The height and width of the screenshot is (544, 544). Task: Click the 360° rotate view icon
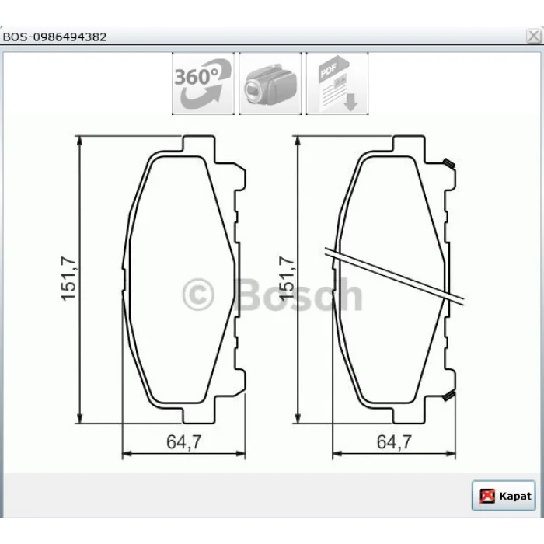[203, 84]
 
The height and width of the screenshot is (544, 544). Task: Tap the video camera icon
[270, 84]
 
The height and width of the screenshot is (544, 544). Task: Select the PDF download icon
[337, 84]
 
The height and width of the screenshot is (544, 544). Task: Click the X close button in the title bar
[534, 36]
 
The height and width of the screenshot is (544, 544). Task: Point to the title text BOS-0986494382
[54, 37]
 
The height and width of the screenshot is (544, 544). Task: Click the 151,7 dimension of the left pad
[68, 278]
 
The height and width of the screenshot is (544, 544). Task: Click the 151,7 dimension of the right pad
[287, 278]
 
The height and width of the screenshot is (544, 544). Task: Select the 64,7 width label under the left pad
[184, 441]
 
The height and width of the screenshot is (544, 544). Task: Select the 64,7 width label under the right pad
[394, 441]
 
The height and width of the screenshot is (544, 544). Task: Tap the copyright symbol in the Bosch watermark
[198, 295]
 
